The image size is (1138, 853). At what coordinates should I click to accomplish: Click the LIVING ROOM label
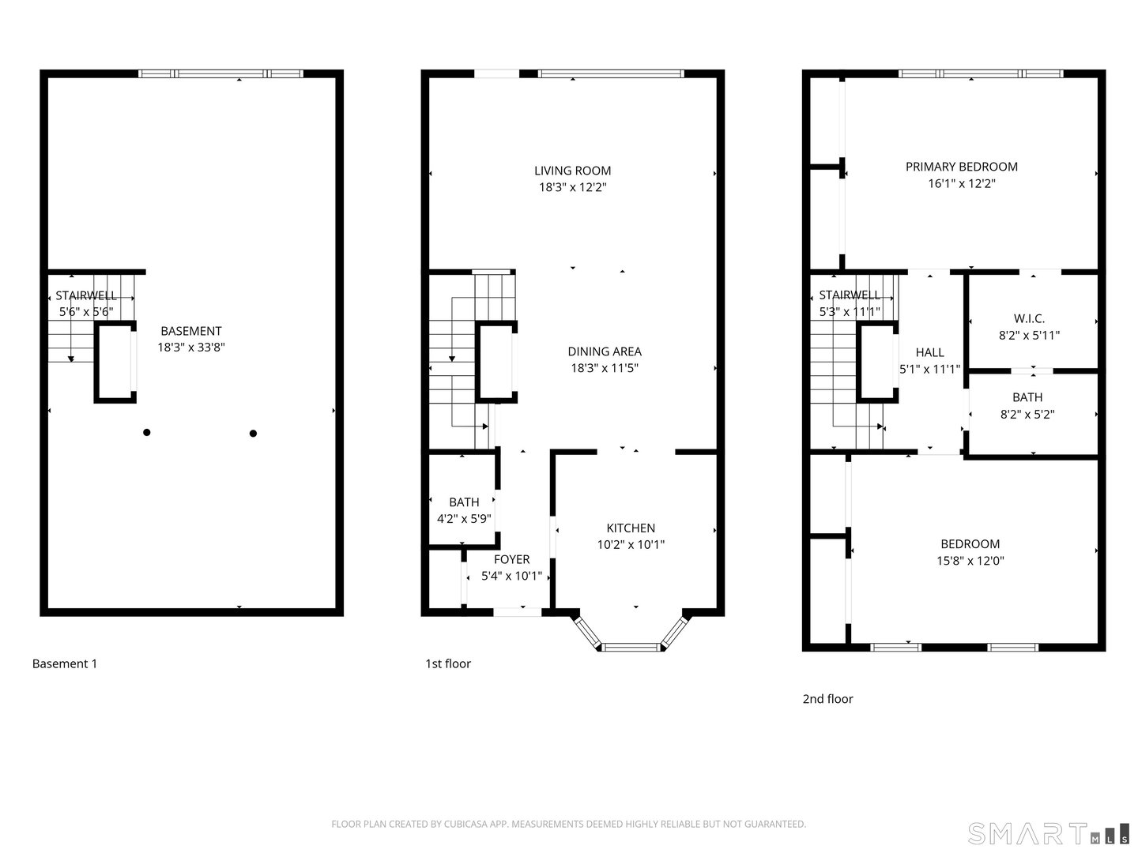tap(572, 171)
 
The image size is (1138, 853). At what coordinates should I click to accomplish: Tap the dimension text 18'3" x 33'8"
tap(191, 347)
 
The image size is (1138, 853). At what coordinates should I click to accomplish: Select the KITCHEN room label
tap(631, 528)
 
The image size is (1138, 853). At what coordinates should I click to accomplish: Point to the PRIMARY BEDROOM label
tap(961, 167)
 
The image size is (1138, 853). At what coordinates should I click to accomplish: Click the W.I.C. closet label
tap(1029, 318)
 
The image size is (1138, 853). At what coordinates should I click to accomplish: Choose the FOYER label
tap(512, 559)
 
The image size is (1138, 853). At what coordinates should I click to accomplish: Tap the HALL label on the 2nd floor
tap(929, 353)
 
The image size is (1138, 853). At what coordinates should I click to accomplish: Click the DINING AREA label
tap(605, 351)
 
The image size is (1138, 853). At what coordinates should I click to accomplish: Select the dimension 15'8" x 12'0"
tap(970, 561)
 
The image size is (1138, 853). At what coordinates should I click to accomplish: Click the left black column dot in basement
tap(147, 432)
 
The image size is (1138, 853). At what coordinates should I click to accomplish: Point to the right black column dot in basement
tap(253, 433)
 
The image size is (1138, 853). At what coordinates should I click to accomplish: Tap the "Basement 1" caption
tap(64, 663)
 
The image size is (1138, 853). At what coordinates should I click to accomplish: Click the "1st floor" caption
tap(448, 663)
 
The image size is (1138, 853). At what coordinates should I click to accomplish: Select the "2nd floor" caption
tap(827, 699)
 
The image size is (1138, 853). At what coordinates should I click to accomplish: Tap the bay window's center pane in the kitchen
tap(631, 646)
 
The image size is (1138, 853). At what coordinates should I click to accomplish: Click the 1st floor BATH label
tap(464, 502)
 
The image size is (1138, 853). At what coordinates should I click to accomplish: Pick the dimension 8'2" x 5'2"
tap(1027, 415)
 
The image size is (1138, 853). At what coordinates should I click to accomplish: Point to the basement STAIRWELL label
tap(86, 295)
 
